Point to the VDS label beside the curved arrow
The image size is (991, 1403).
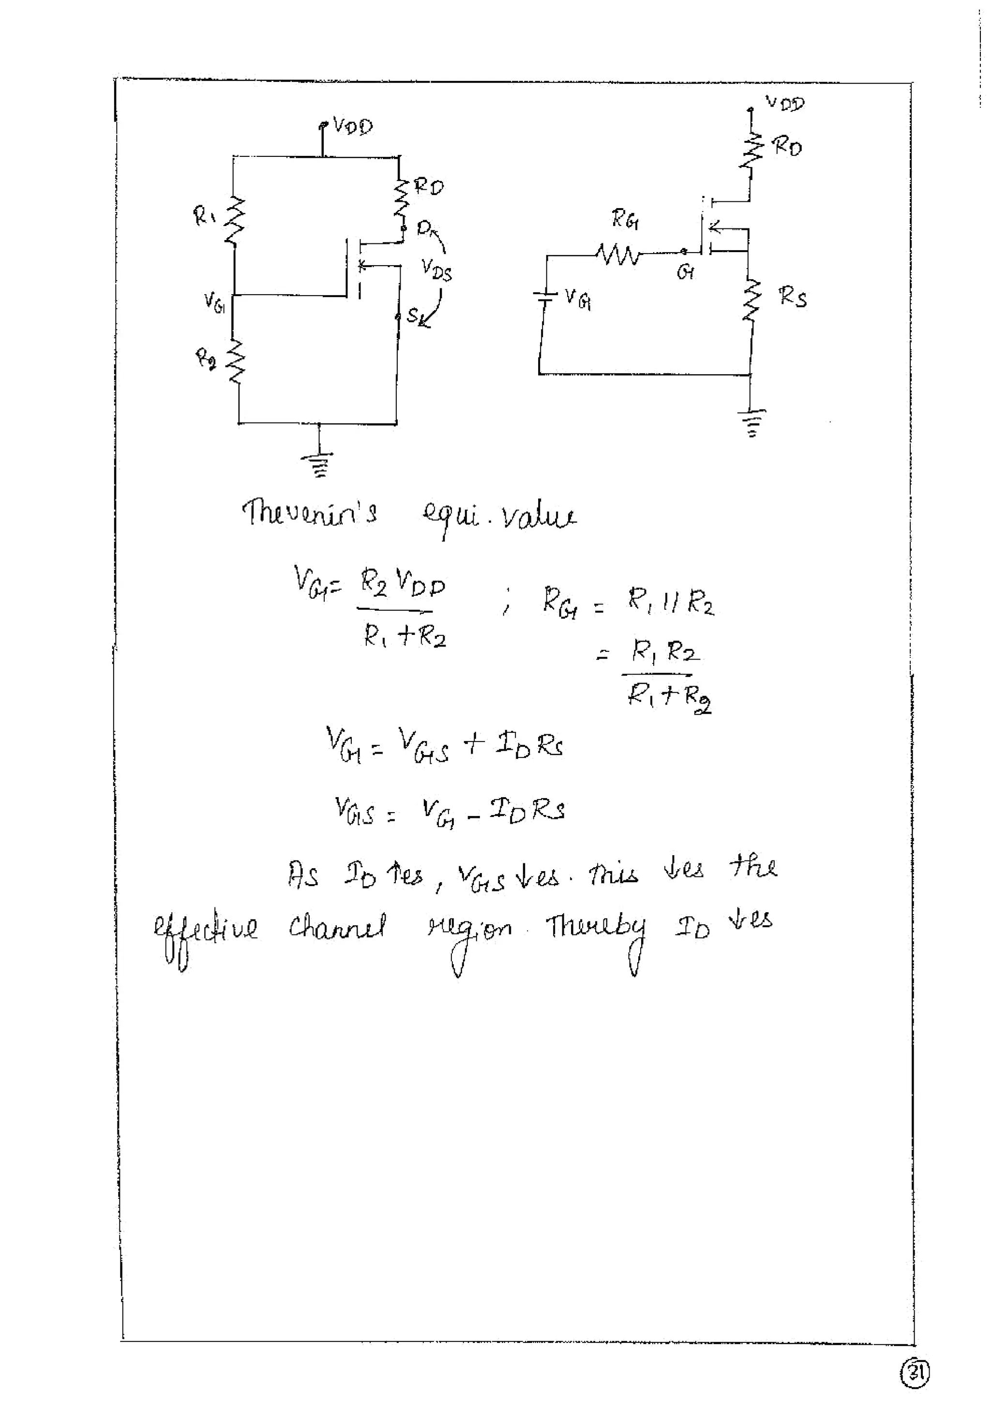[436, 270]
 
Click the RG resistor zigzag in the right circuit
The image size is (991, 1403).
[618, 254]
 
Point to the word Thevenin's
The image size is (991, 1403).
[310, 513]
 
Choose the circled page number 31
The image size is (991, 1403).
[915, 1373]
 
